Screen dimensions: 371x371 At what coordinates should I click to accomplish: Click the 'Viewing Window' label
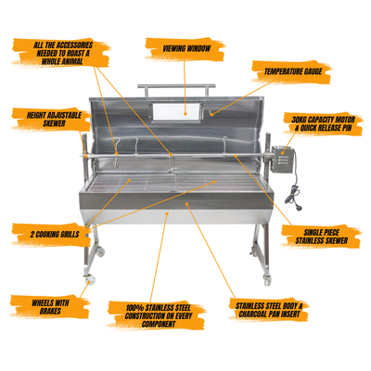pos(186,48)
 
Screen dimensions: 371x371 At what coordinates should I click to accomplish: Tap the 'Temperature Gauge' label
pos(293,71)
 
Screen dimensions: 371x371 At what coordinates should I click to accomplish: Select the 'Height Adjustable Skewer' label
pos(54,120)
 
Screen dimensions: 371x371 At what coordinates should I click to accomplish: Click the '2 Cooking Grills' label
pos(55,235)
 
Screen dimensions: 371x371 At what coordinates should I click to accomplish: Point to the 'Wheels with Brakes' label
pos(50,307)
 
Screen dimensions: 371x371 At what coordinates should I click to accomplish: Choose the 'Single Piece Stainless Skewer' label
pos(322,237)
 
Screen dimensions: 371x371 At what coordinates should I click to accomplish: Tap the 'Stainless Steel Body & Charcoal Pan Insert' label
pos(269,310)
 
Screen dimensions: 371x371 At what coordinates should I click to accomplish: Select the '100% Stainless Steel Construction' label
pos(159,316)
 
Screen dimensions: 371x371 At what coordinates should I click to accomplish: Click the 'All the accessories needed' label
pos(63,53)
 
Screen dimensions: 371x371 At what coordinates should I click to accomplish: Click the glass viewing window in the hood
pos(176,112)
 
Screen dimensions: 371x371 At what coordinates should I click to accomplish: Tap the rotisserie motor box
pos(282,160)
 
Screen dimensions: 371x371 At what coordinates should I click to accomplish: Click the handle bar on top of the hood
pos(176,86)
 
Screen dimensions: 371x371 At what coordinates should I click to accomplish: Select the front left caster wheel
pos(91,280)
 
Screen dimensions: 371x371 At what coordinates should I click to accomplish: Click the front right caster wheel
pos(267,280)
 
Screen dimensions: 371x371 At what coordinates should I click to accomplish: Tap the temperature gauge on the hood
pos(211,113)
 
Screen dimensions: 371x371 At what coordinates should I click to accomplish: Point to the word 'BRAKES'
pos(50,311)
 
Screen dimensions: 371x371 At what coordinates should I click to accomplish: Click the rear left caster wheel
pos(100,251)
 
